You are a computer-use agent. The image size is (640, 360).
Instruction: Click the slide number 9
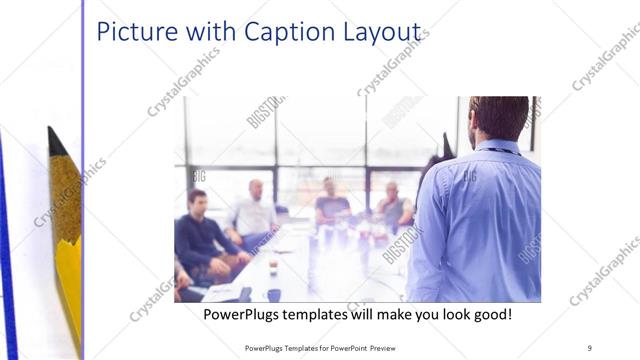[589, 347]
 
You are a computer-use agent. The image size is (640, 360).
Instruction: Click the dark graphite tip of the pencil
[54, 141]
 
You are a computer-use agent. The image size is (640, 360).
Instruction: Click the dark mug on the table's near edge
[273, 294]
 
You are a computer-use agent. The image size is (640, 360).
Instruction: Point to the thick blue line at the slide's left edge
[8, 250]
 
